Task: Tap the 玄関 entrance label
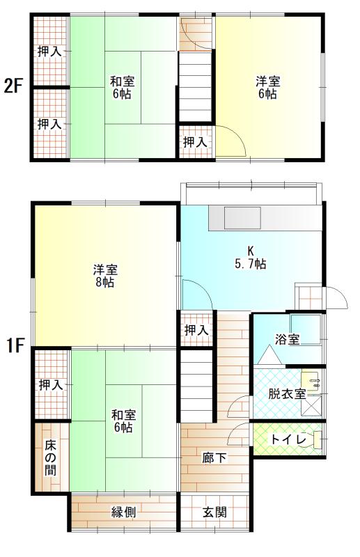click(x=214, y=512)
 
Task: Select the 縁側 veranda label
click(x=123, y=512)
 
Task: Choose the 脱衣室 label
click(x=287, y=393)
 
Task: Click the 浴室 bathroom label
click(x=287, y=340)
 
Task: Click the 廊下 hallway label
click(x=213, y=458)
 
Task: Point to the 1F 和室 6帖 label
click(x=123, y=421)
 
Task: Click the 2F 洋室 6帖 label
click(x=265, y=86)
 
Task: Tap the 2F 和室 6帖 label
click(x=121, y=86)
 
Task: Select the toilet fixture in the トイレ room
click(x=318, y=440)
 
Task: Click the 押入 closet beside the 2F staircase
click(x=195, y=142)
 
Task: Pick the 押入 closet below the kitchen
click(x=196, y=330)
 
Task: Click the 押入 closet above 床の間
click(x=50, y=384)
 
